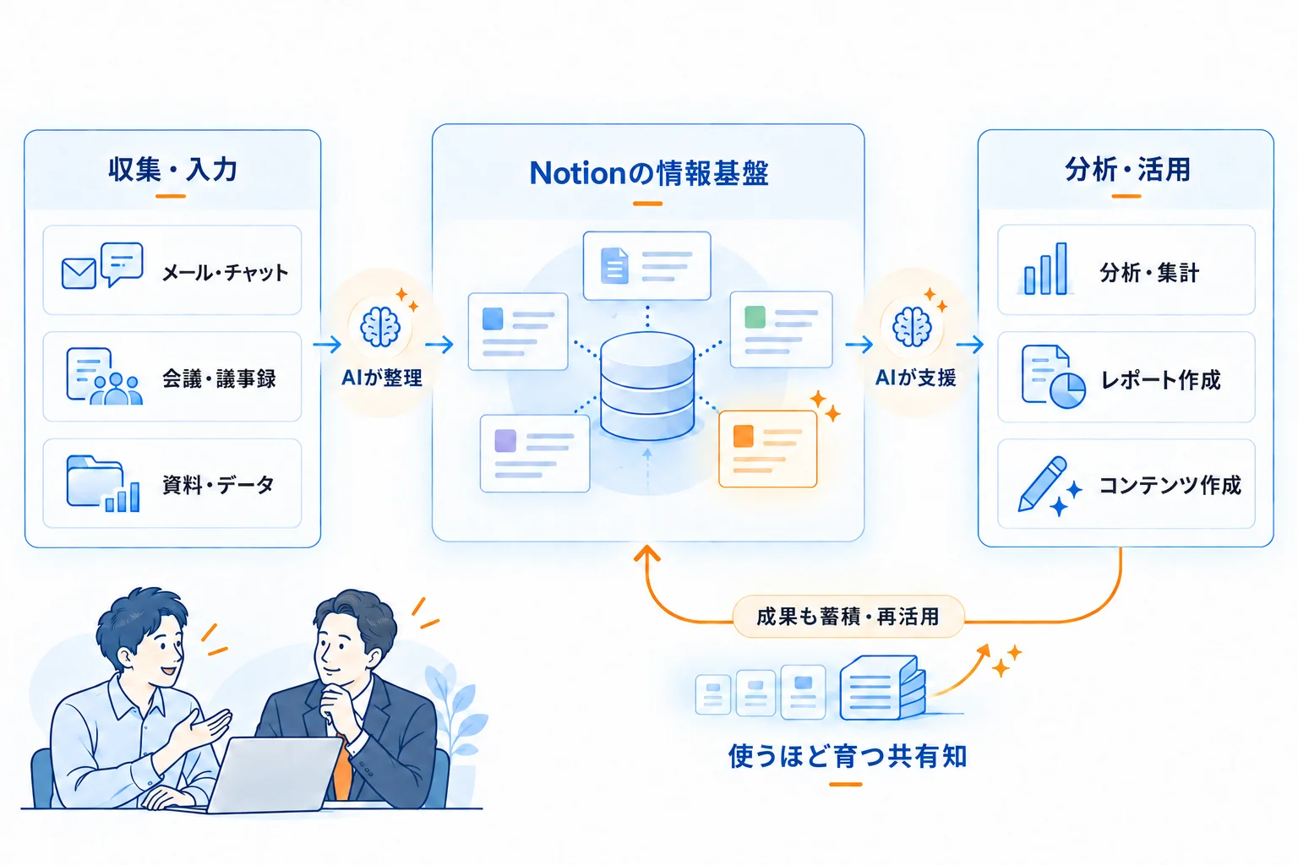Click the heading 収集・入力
point(172,170)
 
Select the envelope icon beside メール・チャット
point(79,274)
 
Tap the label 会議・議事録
point(219,378)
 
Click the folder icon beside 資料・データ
point(95,482)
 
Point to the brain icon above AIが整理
point(380,327)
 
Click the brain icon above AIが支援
point(912,327)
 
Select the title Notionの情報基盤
point(649,173)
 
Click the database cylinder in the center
point(647,386)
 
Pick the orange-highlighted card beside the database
point(768,449)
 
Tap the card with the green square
point(781,329)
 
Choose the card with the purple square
point(535,454)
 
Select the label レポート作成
point(1160,380)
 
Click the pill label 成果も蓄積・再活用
point(848,617)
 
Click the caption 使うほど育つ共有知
point(848,756)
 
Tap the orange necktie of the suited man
point(342,768)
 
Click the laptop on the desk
point(272,775)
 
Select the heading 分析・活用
point(1127,170)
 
